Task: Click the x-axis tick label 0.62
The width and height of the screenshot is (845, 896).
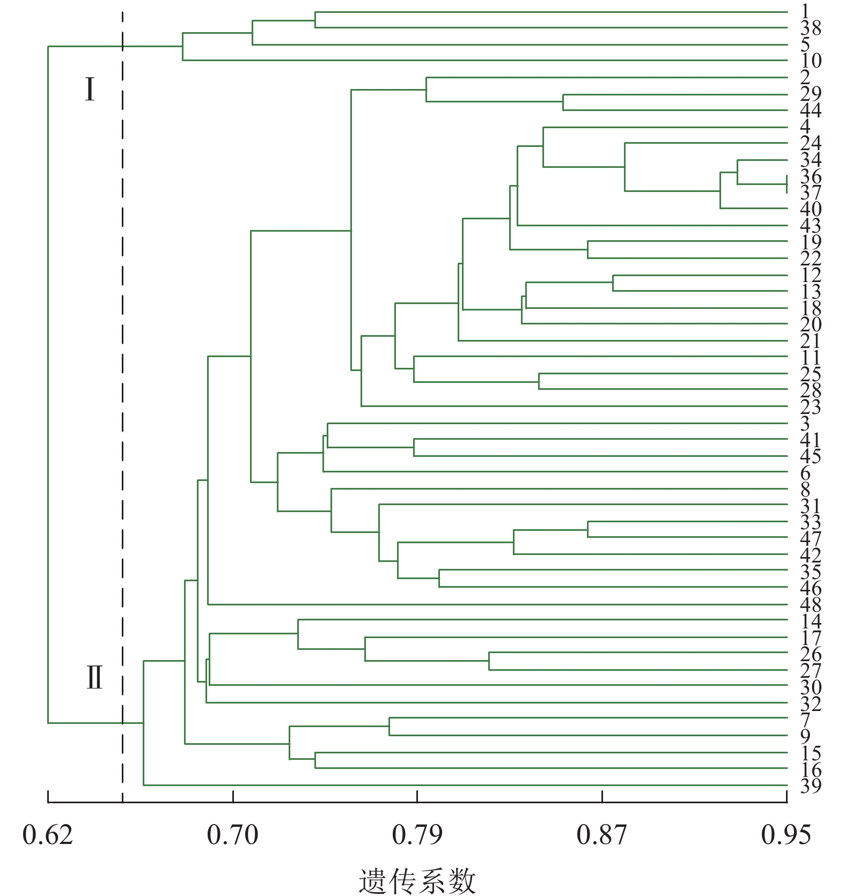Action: tap(48, 835)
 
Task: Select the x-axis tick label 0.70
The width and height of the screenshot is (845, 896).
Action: tap(232, 835)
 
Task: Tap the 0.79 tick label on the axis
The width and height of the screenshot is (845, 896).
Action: tap(417, 835)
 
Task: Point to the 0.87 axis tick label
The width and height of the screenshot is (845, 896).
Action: tap(601, 835)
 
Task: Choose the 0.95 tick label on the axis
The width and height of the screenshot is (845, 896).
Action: tap(786, 835)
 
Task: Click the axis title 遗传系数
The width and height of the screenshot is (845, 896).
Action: tap(417, 880)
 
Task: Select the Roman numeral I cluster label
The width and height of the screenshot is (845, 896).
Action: tap(90, 90)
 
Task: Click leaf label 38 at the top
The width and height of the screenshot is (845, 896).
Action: tap(810, 28)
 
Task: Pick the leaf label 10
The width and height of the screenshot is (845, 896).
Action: tap(810, 61)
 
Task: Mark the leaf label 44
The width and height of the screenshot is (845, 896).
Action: tap(810, 110)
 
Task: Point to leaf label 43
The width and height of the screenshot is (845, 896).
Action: tap(810, 226)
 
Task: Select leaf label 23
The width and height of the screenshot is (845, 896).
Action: tap(810, 407)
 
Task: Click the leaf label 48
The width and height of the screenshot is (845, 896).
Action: tap(810, 605)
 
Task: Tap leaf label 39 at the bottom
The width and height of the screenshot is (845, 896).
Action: tap(810, 786)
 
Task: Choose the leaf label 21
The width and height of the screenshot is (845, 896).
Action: tap(810, 341)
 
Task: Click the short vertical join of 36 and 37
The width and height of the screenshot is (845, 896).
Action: tap(787, 184)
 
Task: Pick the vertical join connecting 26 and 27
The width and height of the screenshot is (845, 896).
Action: tap(489, 661)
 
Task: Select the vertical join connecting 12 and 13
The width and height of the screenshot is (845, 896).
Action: tap(613, 283)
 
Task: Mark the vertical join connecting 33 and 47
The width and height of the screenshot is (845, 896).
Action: tap(588, 529)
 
